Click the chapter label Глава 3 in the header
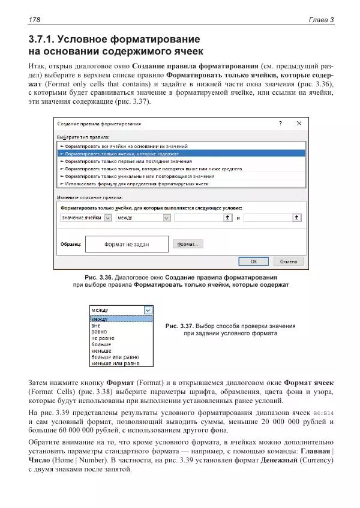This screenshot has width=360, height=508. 321,20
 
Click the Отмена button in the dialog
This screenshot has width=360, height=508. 288,261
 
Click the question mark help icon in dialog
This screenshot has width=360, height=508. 280,124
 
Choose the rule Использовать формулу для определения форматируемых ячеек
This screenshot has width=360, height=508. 136,184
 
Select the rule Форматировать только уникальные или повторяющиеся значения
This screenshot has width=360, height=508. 139,176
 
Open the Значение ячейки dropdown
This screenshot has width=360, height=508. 108,218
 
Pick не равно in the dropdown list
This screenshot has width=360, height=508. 101,338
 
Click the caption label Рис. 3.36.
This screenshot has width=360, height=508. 98,278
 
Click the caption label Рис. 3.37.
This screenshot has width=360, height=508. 179,326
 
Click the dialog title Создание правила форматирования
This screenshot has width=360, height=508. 99,124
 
